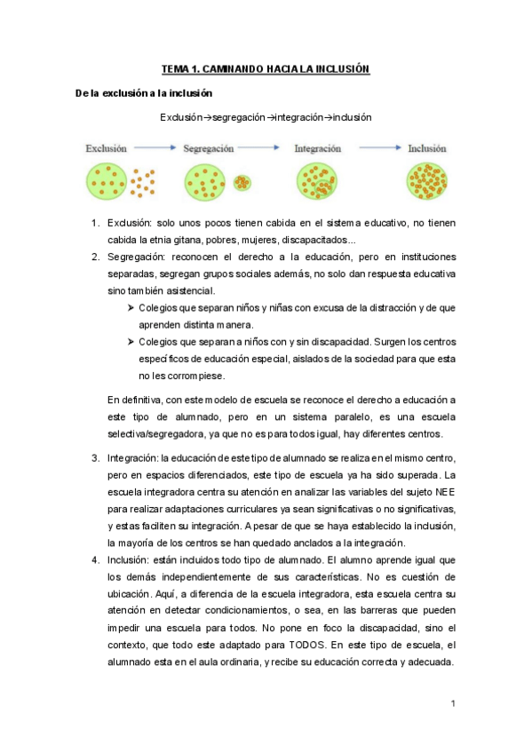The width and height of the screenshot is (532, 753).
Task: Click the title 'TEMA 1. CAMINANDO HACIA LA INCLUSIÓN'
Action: tap(265, 68)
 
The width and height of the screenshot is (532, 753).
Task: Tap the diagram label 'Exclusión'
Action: tap(107, 149)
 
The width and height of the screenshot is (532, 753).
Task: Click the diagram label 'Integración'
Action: tap(319, 149)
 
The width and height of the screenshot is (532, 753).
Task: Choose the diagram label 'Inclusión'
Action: tap(427, 149)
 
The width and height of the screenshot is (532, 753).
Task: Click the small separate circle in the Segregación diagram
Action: tap(242, 182)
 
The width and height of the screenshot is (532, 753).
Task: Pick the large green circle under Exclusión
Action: tap(107, 182)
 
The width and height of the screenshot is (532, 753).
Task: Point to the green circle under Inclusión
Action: tap(427, 182)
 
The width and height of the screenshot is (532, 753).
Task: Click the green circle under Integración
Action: tap(318, 182)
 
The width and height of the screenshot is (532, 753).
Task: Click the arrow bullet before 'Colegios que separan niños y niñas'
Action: tap(131, 307)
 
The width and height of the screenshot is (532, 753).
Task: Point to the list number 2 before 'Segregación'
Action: tap(95, 257)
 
